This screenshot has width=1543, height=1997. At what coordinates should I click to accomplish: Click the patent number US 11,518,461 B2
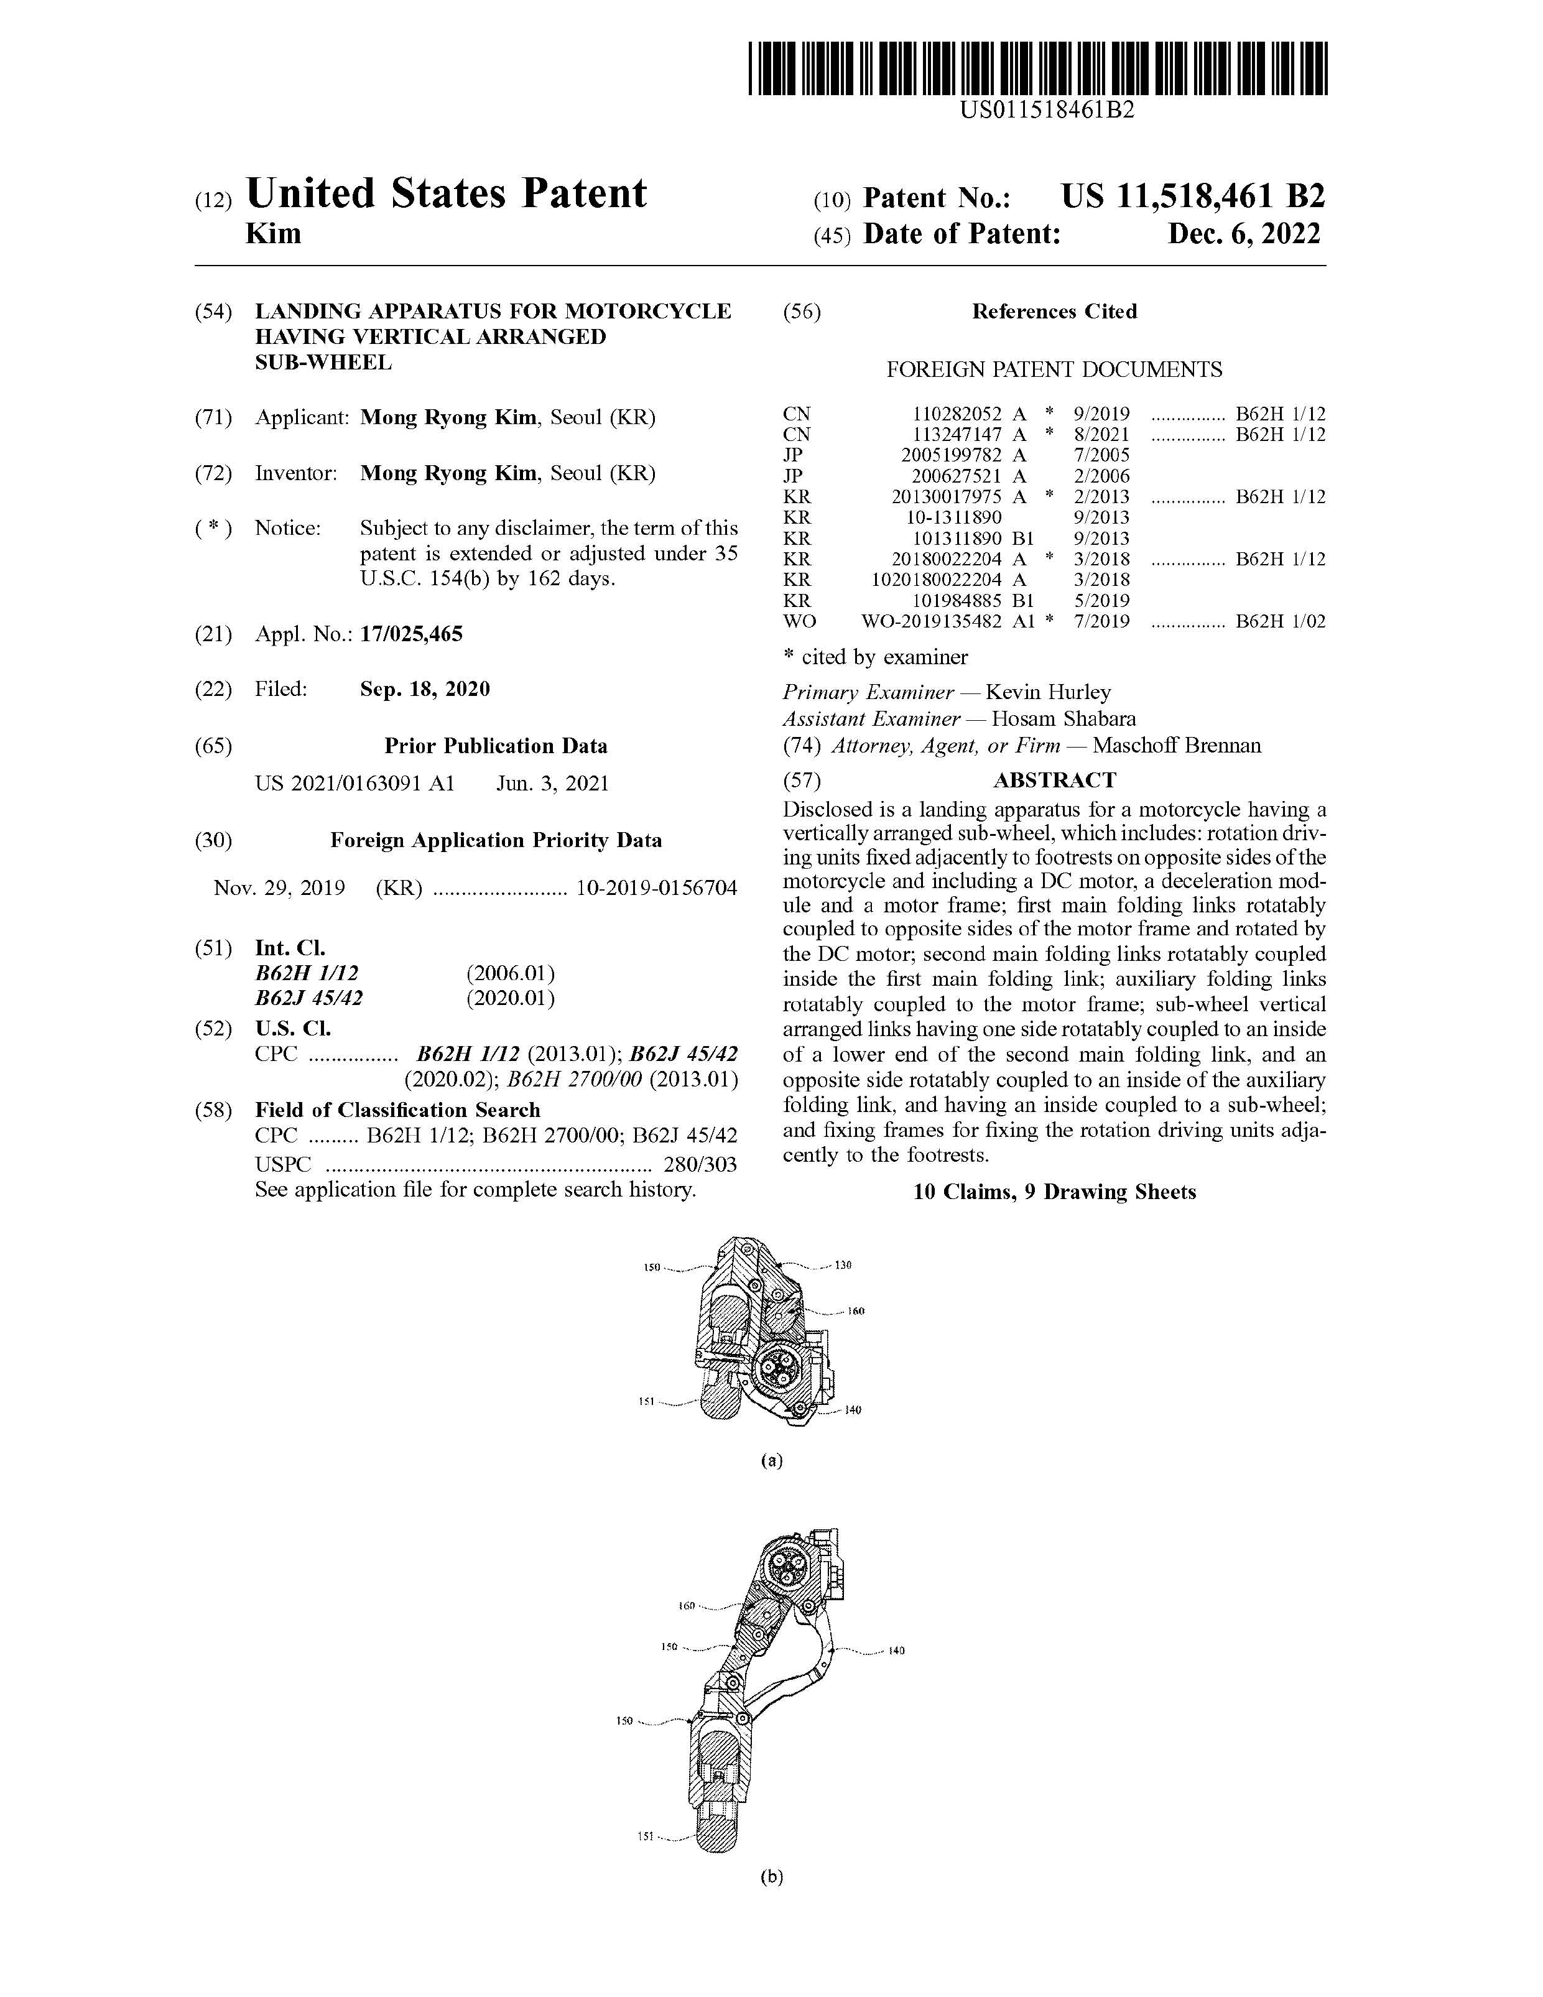point(1192,197)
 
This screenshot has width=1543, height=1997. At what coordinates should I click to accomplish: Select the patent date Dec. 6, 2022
point(1243,234)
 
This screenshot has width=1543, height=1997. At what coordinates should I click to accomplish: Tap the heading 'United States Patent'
point(447,194)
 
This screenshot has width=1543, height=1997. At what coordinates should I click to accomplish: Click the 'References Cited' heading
point(1054,312)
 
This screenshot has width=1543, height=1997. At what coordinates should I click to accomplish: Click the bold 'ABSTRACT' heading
point(1055,780)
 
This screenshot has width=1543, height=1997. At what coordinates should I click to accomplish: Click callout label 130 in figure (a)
point(842,1266)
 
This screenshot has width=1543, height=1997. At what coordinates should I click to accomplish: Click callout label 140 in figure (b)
point(896,1651)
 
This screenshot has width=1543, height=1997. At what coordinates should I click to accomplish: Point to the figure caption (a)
point(772,1460)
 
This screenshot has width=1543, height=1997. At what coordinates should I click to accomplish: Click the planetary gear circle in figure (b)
point(787,1570)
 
